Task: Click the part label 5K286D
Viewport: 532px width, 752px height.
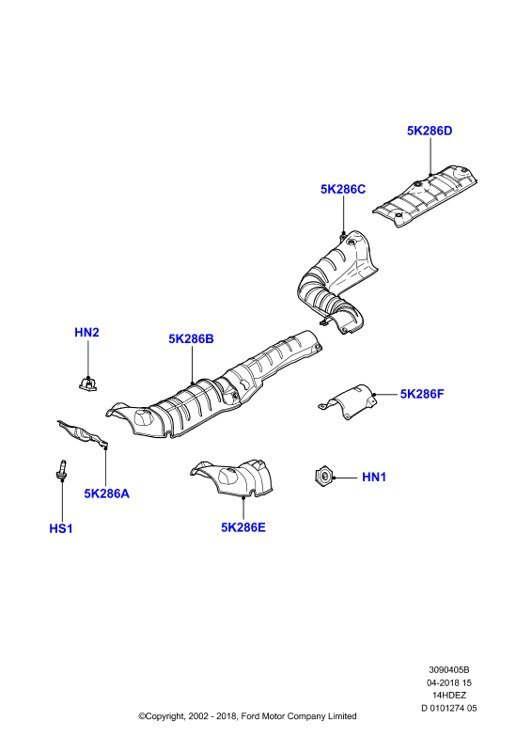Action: coord(430,131)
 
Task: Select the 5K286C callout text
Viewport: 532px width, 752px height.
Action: coord(343,190)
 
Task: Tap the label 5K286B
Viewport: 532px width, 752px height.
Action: coord(191,339)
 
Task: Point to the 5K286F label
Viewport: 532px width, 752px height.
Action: coord(422,394)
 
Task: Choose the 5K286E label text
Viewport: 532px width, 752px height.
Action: coord(243,527)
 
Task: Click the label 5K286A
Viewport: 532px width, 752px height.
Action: coord(107,493)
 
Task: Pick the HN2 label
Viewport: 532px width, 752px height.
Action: coord(86,333)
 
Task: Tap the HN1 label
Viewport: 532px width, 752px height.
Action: coord(374,478)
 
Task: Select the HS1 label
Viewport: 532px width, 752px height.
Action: coord(61,529)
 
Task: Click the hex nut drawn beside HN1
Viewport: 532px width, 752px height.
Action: coord(322,478)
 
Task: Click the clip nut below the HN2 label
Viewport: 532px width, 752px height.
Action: coord(87,384)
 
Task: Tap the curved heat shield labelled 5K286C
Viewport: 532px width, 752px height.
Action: coord(336,283)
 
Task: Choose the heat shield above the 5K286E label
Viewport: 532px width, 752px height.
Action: coord(232,478)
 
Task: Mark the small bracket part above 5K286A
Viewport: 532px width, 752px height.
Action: coord(83,434)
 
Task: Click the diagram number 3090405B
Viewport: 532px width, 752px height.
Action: coord(449,670)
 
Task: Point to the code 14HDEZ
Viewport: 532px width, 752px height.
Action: coord(449,695)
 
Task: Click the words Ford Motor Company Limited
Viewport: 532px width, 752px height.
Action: coord(298,716)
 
